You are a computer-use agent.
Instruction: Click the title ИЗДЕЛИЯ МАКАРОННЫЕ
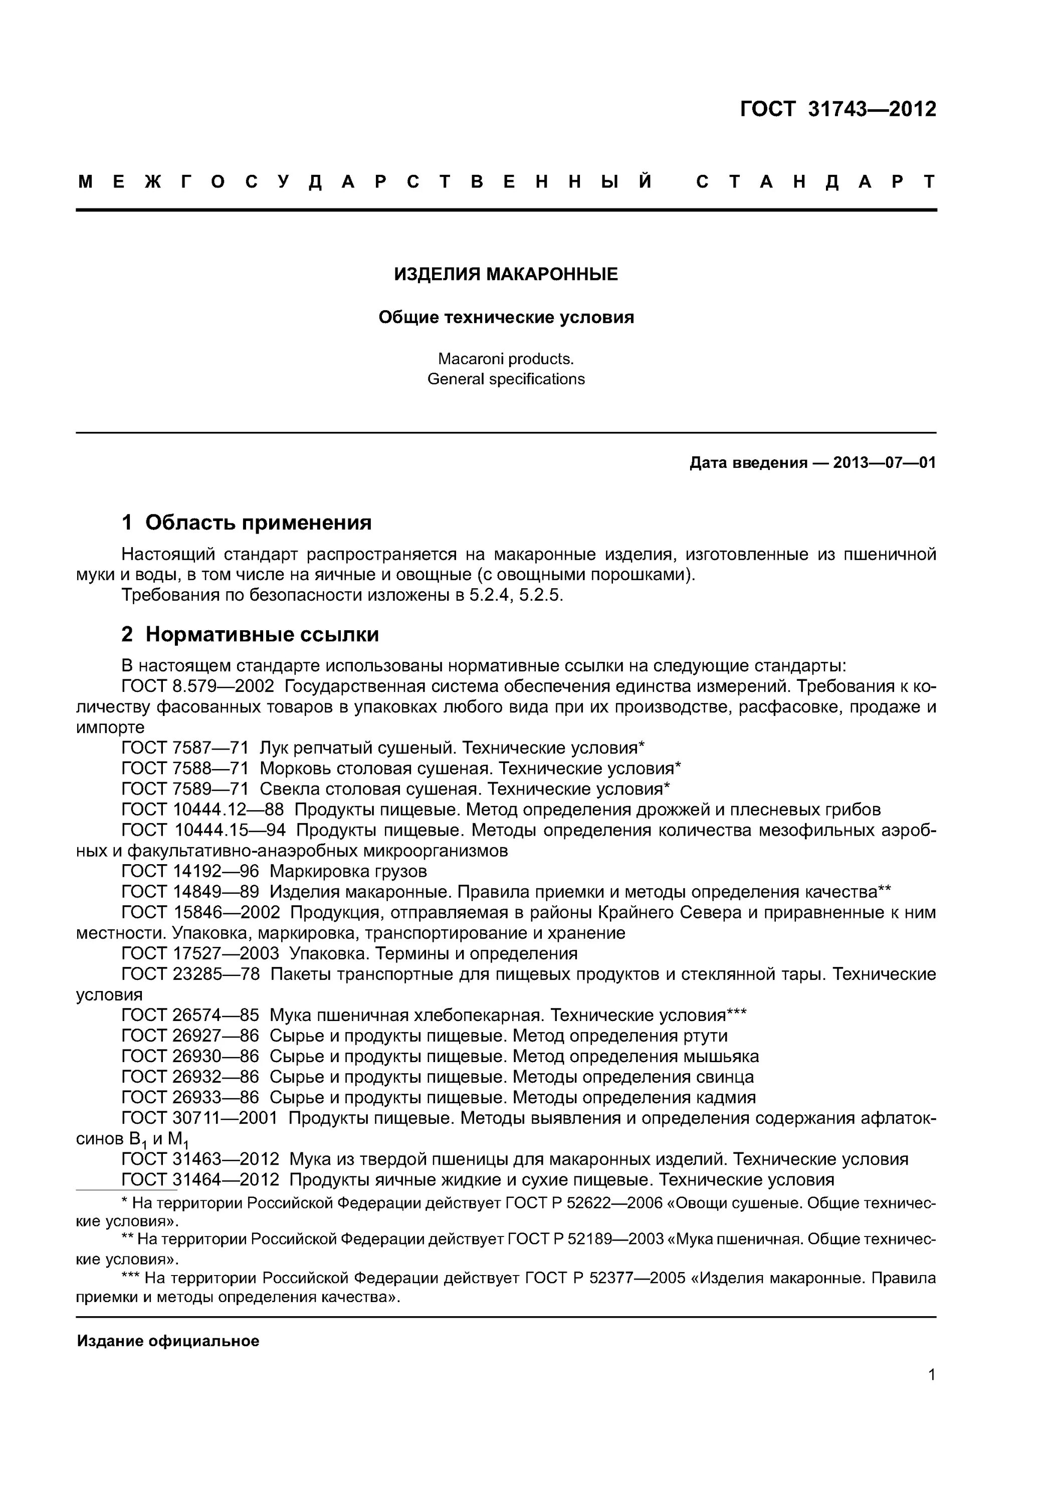(x=506, y=274)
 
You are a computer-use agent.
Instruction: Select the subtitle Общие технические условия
(x=506, y=318)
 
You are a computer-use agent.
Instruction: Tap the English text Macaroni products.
(x=506, y=359)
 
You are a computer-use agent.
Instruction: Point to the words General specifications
(x=506, y=379)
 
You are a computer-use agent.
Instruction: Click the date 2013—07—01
(x=884, y=463)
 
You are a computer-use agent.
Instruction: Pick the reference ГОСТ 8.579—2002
(x=198, y=686)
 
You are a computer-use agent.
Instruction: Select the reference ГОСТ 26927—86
(x=190, y=1036)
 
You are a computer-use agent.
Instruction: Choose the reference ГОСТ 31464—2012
(x=200, y=1180)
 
